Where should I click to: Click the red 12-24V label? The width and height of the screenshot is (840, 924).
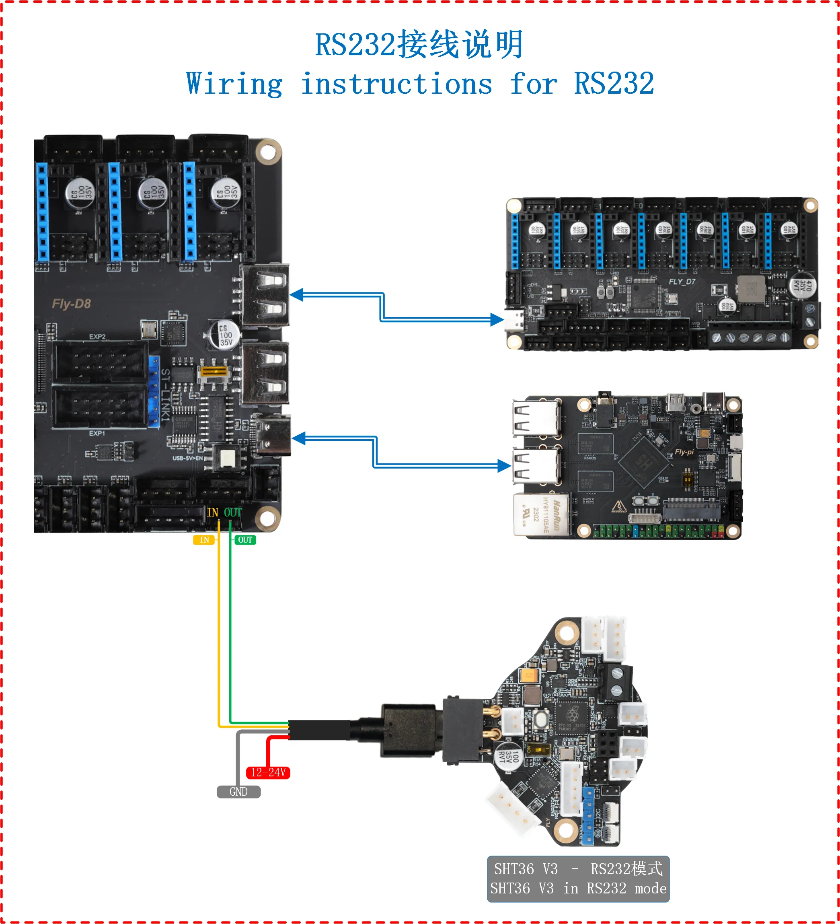click(x=268, y=772)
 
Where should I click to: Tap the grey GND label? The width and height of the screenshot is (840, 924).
click(x=238, y=792)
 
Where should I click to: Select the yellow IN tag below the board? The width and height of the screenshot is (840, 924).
click(x=204, y=540)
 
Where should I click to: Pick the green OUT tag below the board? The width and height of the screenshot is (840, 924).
click(x=245, y=540)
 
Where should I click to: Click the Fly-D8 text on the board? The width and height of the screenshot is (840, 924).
click(x=72, y=304)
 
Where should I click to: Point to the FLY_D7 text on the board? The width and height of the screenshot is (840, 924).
click(x=682, y=282)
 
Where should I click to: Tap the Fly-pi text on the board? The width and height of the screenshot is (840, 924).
click(x=684, y=452)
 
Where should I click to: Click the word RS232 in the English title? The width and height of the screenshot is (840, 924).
click(x=614, y=84)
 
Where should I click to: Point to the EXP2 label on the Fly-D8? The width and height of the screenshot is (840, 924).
click(x=97, y=336)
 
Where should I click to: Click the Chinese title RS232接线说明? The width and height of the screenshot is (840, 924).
click(x=419, y=45)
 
